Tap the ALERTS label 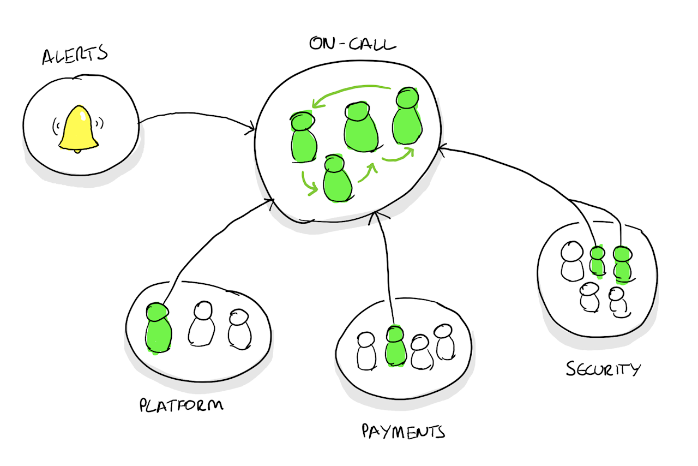75,56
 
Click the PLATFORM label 182,405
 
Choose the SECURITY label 602,369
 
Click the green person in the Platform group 159,328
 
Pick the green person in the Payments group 395,346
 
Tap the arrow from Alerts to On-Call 196,118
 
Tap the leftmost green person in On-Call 303,138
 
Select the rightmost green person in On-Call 407,117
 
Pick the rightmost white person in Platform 239,329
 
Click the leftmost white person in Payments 366,351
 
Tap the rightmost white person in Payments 444,342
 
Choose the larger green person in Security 622,265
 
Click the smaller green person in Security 598,261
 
